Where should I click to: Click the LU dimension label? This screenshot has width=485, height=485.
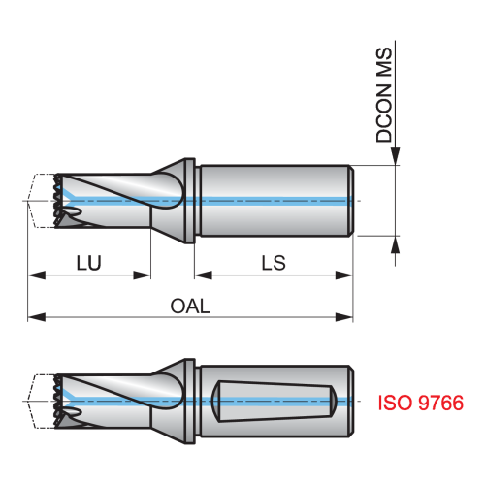click(89, 263)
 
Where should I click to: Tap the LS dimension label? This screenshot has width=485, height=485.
click(274, 263)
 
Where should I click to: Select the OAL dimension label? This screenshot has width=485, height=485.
click(190, 306)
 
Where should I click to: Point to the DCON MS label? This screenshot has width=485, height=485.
click(384, 95)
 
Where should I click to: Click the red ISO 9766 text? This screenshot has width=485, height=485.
click(421, 403)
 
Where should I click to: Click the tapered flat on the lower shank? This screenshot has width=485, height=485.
click(275, 401)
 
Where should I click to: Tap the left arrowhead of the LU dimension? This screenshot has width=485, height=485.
click(37, 275)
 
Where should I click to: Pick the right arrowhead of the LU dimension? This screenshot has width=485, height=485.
click(142, 275)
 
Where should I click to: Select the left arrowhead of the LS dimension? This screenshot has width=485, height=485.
click(204, 275)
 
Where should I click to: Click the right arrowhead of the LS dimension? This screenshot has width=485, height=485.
click(344, 275)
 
